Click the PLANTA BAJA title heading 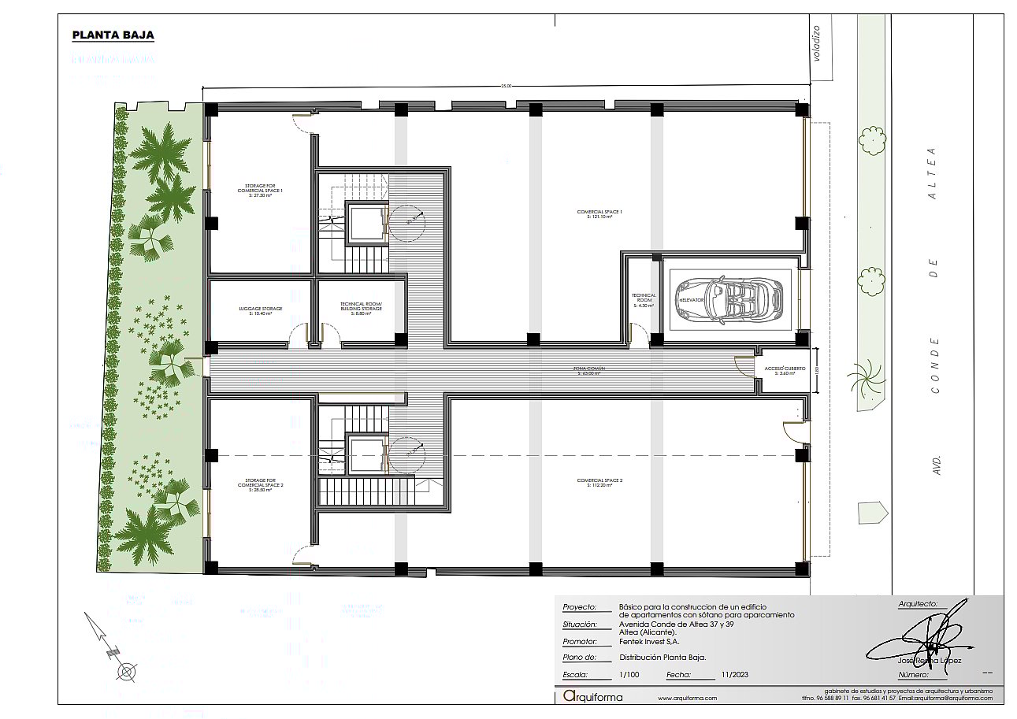tap(113, 35)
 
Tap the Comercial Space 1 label tap(599, 213)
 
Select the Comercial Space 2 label tap(599, 483)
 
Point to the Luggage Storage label tap(260, 310)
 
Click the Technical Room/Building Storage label tap(361, 308)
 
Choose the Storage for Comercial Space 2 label tap(260, 484)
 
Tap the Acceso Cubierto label tap(780, 371)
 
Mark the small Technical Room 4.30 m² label tap(644, 300)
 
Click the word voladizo tap(817, 43)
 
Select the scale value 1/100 tap(629, 675)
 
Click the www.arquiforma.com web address tap(687, 698)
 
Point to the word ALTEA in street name tap(933, 172)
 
